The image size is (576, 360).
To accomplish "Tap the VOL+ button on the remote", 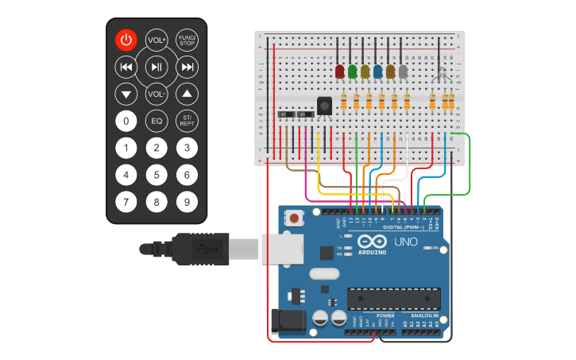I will (157, 40).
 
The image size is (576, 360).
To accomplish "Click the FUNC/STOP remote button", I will (187, 40).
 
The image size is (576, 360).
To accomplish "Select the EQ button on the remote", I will (157, 121).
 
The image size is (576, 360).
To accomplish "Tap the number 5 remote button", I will (157, 175).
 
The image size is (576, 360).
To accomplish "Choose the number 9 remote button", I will (187, 202).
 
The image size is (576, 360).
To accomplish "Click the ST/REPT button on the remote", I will (187, 121).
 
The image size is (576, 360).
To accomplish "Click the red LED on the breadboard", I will (340, 72).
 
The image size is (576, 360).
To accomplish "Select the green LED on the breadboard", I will (353, 72).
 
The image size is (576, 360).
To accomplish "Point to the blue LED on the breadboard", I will (378, 72).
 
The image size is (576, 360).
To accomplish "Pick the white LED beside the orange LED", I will (404, 72).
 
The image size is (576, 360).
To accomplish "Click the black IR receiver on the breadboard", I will (324, 105).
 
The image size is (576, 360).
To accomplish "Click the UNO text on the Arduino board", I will (406, 242).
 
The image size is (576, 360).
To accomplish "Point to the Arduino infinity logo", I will (371, 242).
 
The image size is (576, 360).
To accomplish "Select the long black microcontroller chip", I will (393, 299).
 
